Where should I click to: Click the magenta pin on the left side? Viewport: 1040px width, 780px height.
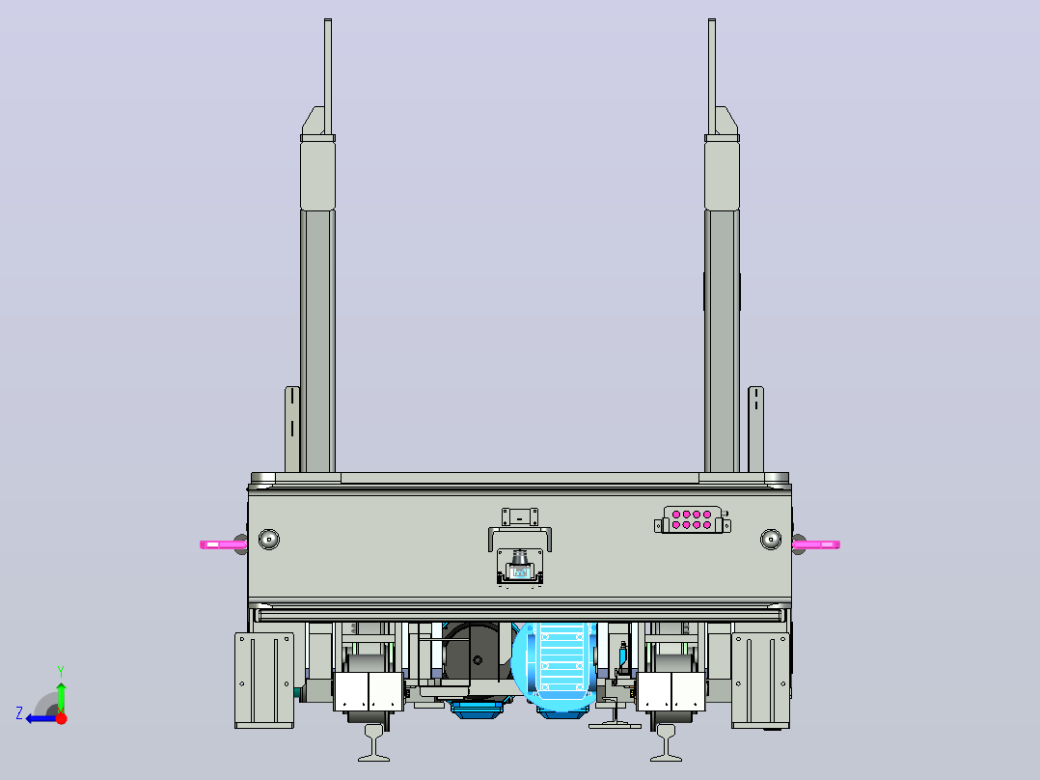[224, 544]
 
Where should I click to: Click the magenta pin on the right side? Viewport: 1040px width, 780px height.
[816, 544]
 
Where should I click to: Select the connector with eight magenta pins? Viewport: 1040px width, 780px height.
[692, 519]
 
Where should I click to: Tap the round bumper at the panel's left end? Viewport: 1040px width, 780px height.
[268, 539]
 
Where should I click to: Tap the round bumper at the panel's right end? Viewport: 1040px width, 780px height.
[770, 539]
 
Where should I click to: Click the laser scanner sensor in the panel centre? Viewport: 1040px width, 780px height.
[520, 567]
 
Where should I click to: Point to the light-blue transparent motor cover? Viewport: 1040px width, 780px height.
[556, 666]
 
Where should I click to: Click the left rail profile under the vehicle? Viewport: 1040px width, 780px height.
[374, 742]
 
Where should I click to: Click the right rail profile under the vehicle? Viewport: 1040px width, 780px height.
[666, 742]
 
